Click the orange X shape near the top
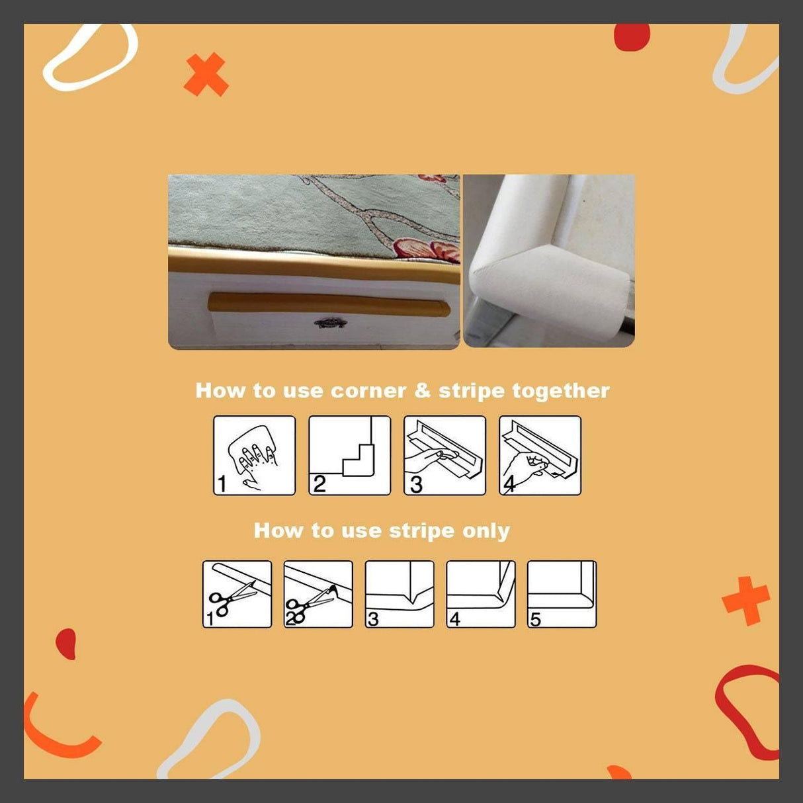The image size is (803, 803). pyautogui.click(x=206, y=75)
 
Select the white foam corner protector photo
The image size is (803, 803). pyautogui.click(x=548, y=261)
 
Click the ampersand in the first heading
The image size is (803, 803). pyautogui.click(x=422, y=391)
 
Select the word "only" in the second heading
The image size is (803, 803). pyautogui.click(x=486, y=530)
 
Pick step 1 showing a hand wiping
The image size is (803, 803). pyautogui.click(x=254, y=455)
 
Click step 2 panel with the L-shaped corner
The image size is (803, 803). pyautogui.click(x=349, y=455)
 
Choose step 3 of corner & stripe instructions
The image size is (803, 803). pyautogui.click(x=444, y=455)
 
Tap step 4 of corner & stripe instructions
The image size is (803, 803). pyautogui.click(x=540, y=455)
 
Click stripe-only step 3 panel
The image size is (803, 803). pyautogui.click(x=400, y=594)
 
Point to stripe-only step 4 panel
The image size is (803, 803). pyautogui.click(x=481, y=594)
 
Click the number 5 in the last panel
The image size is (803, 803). pyautogui.click(x=535, y=619)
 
